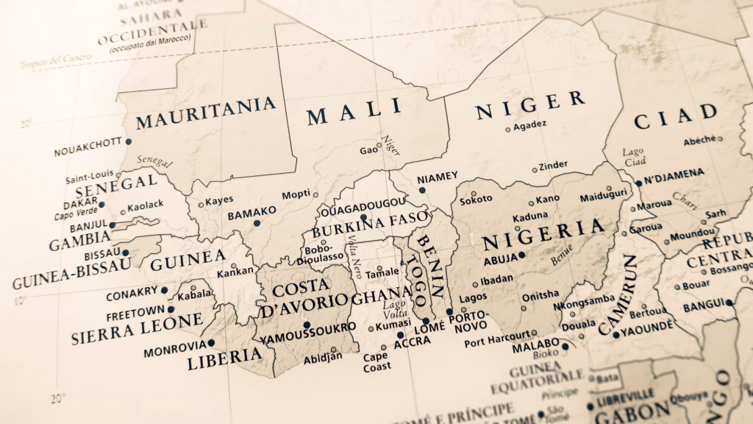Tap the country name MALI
354,113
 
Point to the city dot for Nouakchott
129,141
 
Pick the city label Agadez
530,125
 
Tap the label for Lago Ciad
633,157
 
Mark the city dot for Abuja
522,255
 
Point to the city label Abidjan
323,358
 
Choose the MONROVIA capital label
174,346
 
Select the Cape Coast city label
376,361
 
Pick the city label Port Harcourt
496,342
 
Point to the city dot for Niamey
422,190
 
